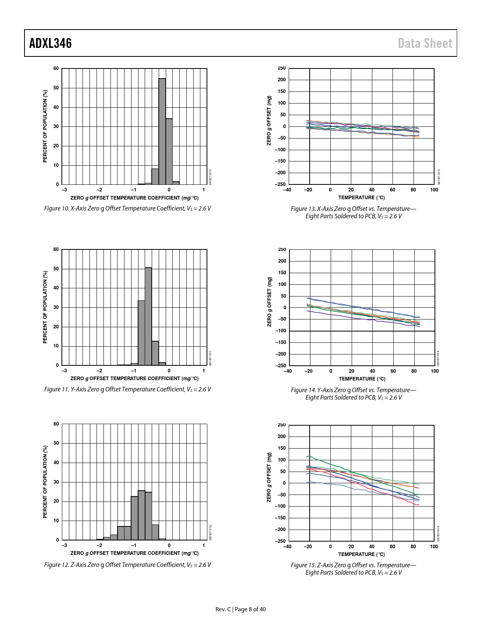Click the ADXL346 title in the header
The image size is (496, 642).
point(51,43)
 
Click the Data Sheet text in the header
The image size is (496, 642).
point(425,43)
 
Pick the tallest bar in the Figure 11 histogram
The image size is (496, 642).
point(148,316)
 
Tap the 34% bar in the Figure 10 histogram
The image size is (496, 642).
point(169,152)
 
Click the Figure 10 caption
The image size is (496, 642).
point(128,209)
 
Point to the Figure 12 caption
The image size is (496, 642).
point(128,565)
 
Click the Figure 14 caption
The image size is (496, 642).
point(353,394)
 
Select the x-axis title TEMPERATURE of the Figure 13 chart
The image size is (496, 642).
point(361,198)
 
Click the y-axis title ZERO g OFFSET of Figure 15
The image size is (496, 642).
point(269,477)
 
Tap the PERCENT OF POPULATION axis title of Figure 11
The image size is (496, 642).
point(45,307)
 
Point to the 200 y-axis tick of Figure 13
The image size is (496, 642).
point(282,80)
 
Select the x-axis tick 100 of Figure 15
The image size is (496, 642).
point(434,547)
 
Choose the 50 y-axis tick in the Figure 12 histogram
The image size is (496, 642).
point(56,443)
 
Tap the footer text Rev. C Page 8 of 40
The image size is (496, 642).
point(240,609)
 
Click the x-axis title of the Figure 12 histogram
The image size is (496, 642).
point(134,553)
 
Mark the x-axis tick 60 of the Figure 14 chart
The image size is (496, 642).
point(393,371)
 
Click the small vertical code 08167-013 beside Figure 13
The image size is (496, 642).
point(439,177)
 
